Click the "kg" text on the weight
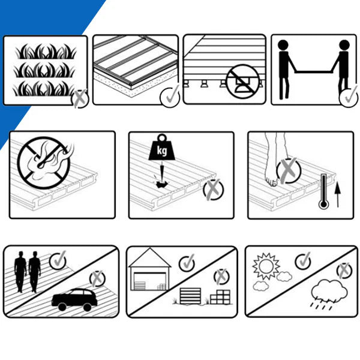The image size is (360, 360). point(162,151)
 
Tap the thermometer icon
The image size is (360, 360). point(324,191)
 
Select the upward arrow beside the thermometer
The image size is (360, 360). point(337,195)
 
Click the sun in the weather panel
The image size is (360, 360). point(266,266)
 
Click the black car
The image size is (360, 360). point(74,299)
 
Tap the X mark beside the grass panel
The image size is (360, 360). point(80,98)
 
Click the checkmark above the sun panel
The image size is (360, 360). point(304,261)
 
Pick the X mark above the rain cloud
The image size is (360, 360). point(344,271)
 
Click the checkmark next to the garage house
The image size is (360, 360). point(187,263)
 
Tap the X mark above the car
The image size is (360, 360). point(97,278)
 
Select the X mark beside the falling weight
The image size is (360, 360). point(213,190)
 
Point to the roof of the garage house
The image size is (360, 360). point(150,257)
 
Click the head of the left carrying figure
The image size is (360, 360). point(283,45)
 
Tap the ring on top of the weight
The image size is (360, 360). point(162,139)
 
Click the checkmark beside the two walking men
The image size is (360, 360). point(58,260)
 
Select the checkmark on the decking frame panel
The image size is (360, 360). point(170,97)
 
